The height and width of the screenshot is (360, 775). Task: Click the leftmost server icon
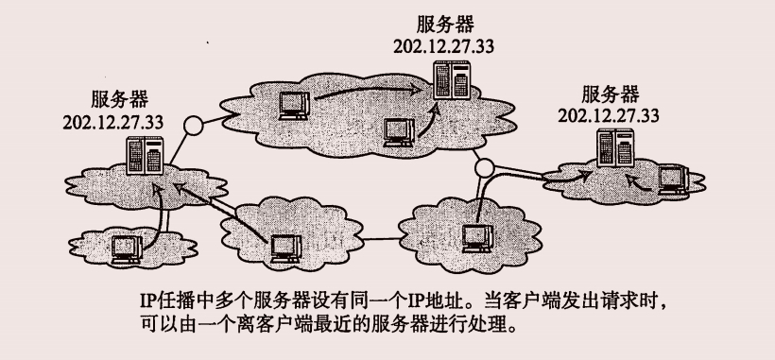click(x=145, y=156)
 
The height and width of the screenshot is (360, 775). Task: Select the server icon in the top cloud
click(x=452, y=79)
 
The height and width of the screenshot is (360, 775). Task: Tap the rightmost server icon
click(x=615, y=147)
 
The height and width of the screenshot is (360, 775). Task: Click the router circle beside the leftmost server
click(x=193, y=127)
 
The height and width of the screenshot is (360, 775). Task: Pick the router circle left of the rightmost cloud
click(x=484, y=168)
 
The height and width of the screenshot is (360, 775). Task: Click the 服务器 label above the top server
click(x=445, y=24)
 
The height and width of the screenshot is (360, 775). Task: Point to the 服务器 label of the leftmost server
click(x=119, y=99)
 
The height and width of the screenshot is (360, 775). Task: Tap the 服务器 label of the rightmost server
click(x=610, y=94)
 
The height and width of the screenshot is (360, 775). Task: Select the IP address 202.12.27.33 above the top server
click(x=444, y=46)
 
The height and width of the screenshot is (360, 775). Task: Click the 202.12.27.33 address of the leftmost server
click(x=113, y=122)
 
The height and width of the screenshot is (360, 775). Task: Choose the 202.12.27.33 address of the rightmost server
click(x=609, y=115)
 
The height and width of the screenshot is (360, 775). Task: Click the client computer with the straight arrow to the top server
click(x=294, y=105)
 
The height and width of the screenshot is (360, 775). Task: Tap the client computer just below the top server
click(x=401, y=133)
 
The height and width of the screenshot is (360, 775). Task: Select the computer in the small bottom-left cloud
click(x=127, y=249)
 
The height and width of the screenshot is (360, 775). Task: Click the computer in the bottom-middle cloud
click(x=286, y=249)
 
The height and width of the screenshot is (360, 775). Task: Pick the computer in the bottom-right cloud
click(x=477, y=238)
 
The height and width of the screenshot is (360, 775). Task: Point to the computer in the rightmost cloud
click(x=674, y=180)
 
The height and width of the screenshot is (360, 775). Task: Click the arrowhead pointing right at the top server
click(x=422, y=91)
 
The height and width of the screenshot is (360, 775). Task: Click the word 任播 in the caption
click(x=177, y=301)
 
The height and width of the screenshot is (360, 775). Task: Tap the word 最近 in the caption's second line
click(x=309, y=325)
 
